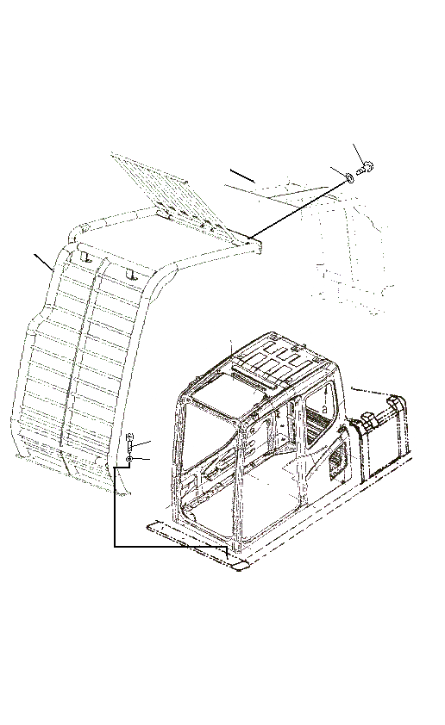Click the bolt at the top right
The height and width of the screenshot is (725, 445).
[363, 169]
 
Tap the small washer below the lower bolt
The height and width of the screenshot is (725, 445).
[128, 462]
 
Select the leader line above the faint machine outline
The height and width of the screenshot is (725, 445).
[241, 176]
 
